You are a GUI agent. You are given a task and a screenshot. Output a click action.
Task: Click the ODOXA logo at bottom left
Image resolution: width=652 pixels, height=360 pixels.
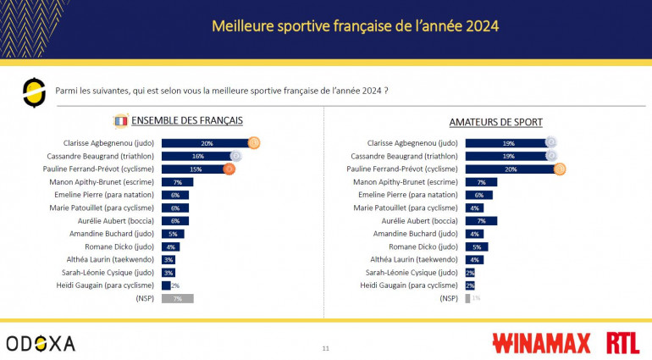tap(40, 343)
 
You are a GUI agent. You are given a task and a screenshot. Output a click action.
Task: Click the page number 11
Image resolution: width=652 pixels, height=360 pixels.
tap(326, 348)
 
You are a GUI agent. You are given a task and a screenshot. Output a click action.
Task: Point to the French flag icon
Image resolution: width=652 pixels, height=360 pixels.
tap(120, 121)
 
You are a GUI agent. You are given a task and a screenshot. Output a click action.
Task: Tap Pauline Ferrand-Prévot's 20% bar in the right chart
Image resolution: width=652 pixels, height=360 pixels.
tap(509, 169)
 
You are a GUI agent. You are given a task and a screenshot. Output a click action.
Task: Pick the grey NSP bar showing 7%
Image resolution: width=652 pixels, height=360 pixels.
tap(177, 298)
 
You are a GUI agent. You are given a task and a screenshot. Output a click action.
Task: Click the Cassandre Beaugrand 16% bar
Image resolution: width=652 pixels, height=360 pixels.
tap(196, 156)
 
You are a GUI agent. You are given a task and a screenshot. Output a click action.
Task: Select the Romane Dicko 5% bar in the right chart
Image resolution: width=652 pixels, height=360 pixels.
tap(476, 246)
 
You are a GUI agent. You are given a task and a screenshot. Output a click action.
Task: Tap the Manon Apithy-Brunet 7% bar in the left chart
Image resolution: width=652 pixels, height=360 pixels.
tap(177, 182)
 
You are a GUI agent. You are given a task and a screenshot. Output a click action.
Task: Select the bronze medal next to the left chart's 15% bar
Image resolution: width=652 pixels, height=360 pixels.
tap(229, 169)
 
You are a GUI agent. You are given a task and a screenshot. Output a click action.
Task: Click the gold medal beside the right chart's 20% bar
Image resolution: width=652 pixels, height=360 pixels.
tap(559, 169)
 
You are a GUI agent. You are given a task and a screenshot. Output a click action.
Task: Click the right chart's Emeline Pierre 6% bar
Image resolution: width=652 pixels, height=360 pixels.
tap(478, 195)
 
